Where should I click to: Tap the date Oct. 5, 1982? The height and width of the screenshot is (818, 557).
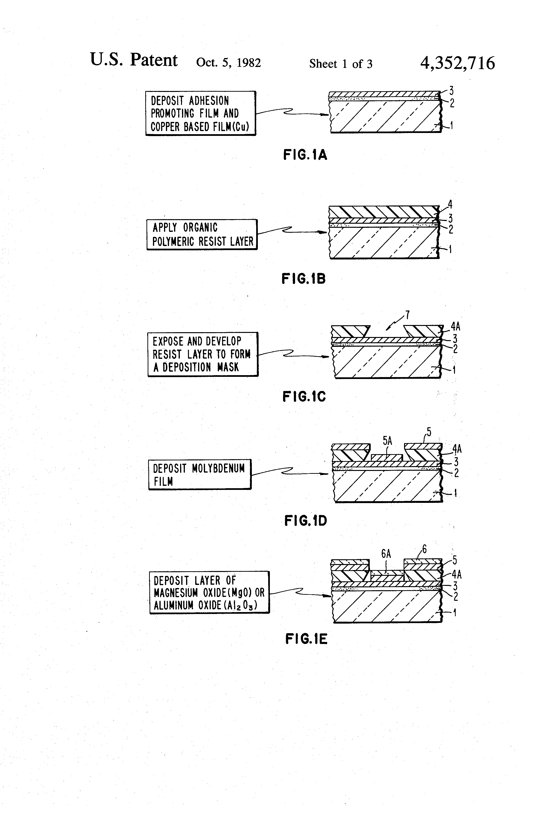[x=228, y=63]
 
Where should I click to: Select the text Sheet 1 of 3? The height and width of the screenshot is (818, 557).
[x=340, y=64]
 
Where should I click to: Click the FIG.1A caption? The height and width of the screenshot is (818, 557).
[x=305, y=155]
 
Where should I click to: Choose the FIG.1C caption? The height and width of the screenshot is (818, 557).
[x=304, y=397]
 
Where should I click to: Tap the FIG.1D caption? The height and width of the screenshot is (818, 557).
[x=306, y=521]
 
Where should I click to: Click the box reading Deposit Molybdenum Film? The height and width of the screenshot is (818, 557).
[x=200, y=474]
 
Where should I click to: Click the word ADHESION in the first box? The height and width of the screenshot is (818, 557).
[x=209, y=101]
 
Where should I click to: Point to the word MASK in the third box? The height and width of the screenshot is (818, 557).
[x=228, y=367]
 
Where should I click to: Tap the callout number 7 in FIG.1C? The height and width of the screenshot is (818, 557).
[x=407, y=315]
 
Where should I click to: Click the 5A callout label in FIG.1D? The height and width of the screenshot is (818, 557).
[x=387, y=441]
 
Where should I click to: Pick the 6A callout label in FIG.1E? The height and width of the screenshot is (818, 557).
[x=386, y=554]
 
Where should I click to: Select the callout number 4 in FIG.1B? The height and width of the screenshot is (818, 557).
[x=450, y=204]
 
